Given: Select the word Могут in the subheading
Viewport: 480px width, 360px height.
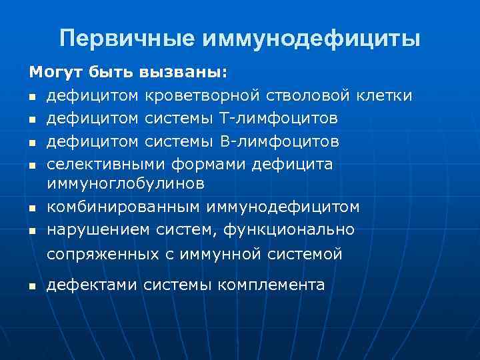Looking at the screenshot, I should point(51,71).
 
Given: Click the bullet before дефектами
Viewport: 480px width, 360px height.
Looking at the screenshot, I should point(31,287).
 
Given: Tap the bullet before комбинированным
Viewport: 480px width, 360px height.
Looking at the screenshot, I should point(31,209).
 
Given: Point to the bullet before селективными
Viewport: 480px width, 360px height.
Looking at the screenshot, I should point(31,165).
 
